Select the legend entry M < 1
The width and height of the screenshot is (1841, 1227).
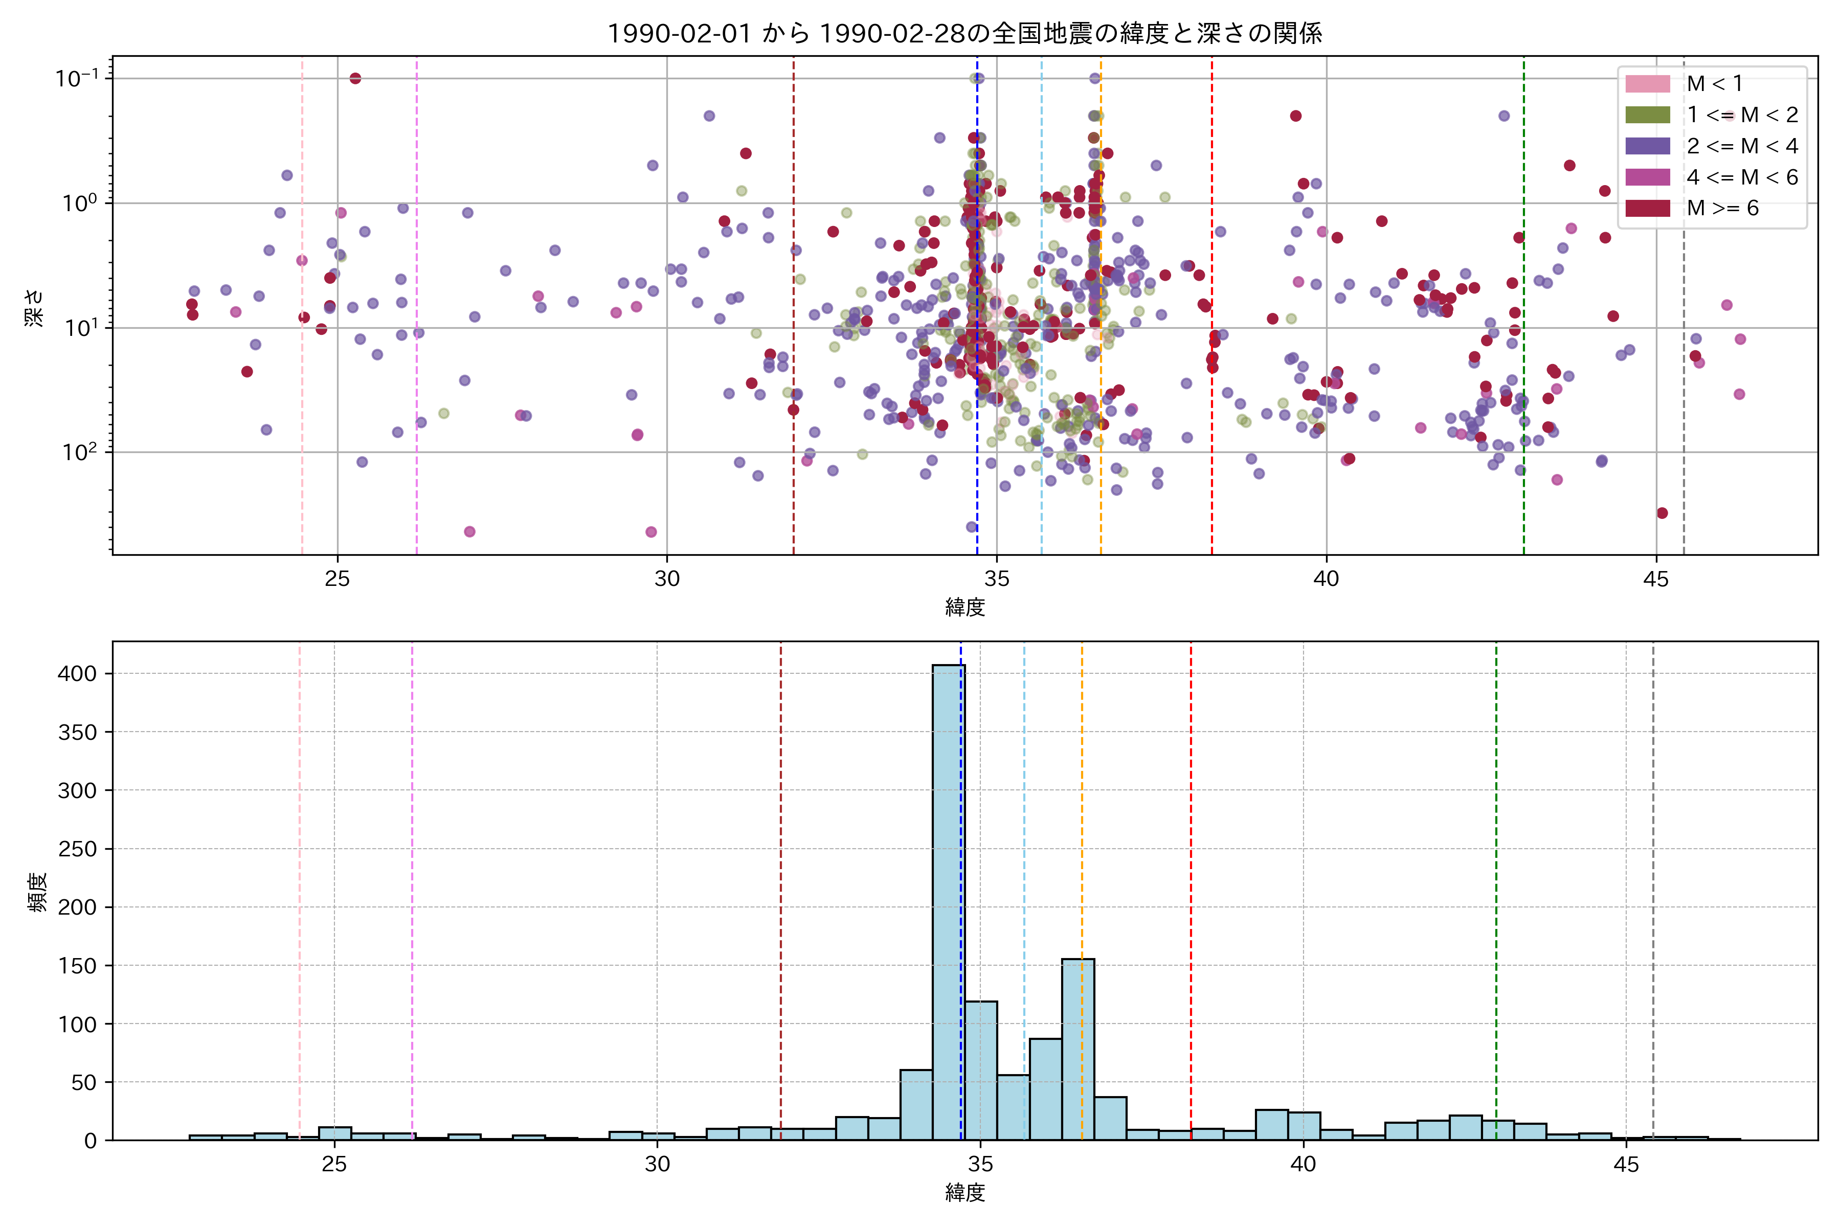pyautogui.click(x=1714, y=84)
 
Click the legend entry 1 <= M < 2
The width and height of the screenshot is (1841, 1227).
pyautogui.click(x=1742, y=115)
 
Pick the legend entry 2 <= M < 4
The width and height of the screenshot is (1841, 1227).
pyautogui.click(x=1742, y=146)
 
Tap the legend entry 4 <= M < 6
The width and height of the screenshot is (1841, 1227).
pyautogui.click(x=1742, y=177)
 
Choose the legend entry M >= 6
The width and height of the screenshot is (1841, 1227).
pyautogui.click(x=1722, y=208)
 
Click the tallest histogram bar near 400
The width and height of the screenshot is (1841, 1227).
pyautogui.click(x=948, y=900)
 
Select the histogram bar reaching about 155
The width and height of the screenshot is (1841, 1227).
pyautogui.click(x=1078, y=1049)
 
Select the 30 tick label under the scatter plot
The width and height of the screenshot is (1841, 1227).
pyautogui.click(x=667, y=580)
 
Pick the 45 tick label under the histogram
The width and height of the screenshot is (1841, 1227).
pyautogui.click(x=1626, y=1165)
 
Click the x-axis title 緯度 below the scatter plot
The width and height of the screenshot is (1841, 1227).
pyautogui.click(x=964, y=607)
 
